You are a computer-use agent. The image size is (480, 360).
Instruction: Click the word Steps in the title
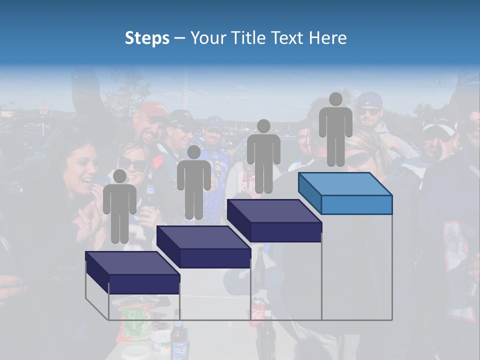(x=147, y=38)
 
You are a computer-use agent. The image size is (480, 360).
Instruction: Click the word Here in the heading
(x=328, y=38)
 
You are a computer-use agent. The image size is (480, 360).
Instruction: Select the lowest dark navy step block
(x=132, y=272)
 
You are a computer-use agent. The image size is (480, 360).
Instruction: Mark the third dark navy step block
(x=274, y=220)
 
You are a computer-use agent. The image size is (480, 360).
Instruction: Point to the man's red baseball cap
(x=153, y=110)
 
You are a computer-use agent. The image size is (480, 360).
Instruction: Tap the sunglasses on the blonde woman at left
(x=132, y=164)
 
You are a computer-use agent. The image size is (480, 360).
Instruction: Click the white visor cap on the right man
(x=438, y=128)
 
